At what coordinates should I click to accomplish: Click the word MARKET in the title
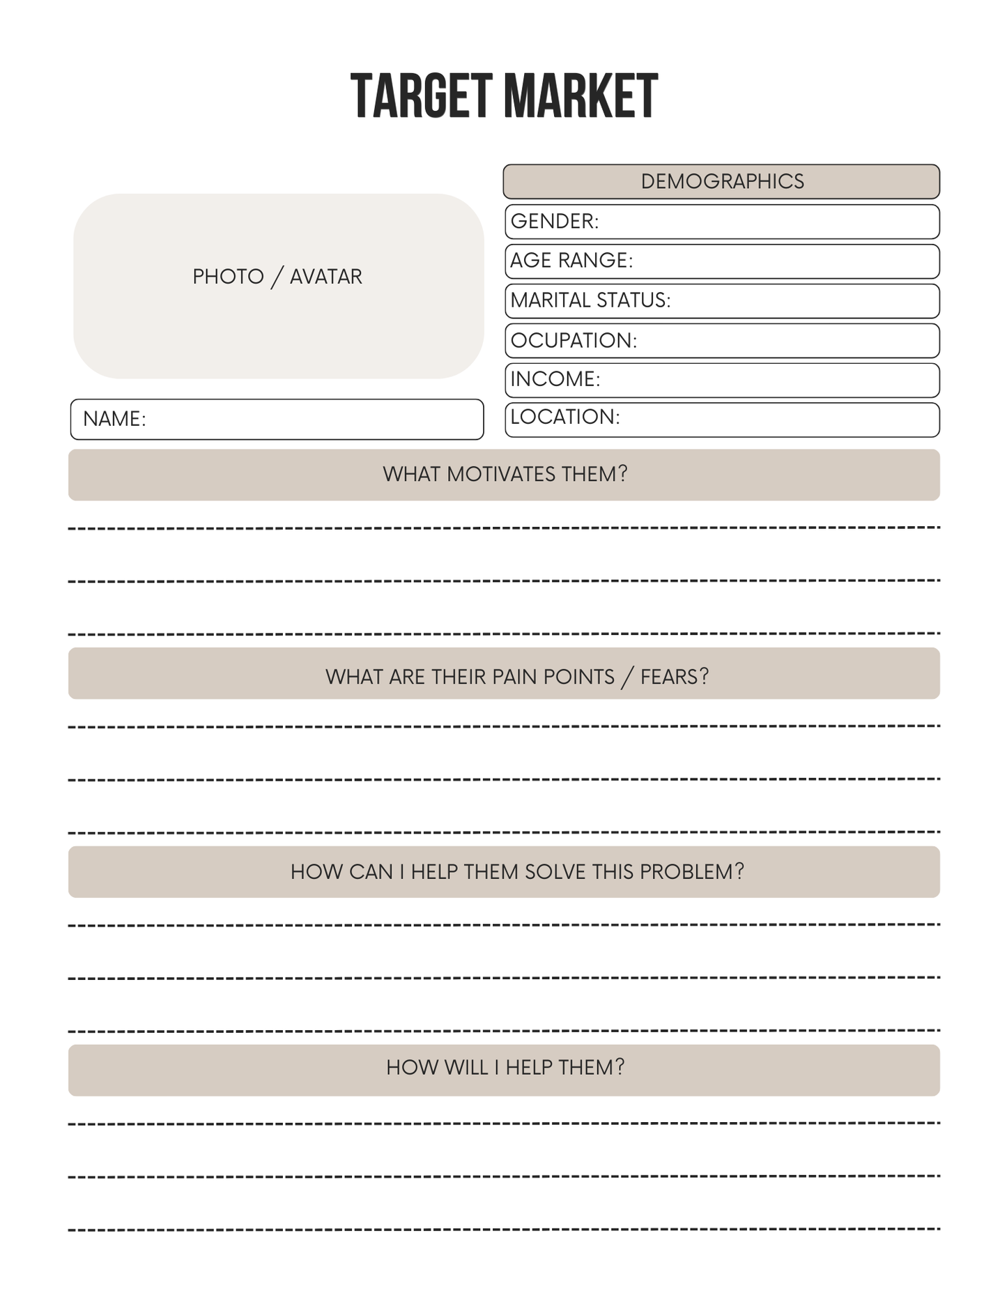(x=581, y=96)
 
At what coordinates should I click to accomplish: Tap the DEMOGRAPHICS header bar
(x=721, y=181)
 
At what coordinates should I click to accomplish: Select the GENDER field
(x=721, y=222)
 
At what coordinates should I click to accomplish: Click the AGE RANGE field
(x=721, y=261)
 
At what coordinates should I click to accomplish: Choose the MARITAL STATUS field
(x=721, y=300)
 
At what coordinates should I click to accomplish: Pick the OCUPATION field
(x=721, y=340)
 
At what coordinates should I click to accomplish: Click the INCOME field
(x=721, y=380)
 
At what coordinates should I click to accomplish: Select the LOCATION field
(x=721, y=419)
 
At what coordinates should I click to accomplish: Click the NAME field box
(x=277, y=419)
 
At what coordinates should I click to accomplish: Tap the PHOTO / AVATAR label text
(x=277, y=277)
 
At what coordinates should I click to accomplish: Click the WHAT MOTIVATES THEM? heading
(x=505, y=475)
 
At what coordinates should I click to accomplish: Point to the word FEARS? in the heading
(x=674, y=677)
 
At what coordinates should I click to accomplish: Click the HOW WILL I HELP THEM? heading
(x=505, y=1068)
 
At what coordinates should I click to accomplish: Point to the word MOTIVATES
(x=501, y=475)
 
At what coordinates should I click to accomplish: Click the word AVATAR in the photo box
(x=325, y=277)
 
